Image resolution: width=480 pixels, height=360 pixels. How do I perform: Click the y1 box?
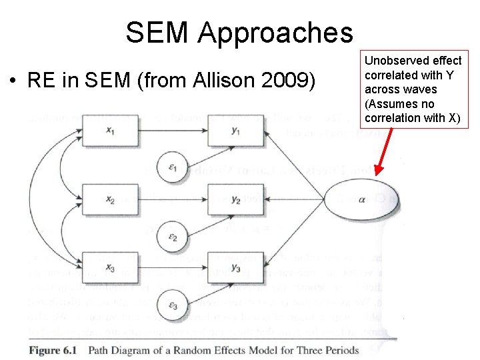pyautogui.click(x=235, y=131)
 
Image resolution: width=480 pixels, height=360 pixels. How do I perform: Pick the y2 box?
pyautogui.click(x=235, y=199)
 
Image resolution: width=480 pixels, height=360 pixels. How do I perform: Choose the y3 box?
pyautogui.click(x=235, y=268)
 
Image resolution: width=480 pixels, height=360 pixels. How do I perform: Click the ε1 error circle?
pyautogui.click(x=172, y=166)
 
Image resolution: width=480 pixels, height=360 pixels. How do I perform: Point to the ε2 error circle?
pyautogui.click(x=172, y=235)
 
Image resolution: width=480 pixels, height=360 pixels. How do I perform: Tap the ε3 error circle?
pyautogui.click(x=172, y=305)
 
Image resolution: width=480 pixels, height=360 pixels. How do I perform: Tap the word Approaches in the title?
pyautogui.click(x=275, y=33)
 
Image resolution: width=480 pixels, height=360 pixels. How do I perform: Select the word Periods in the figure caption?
pyautogui.click(x=337, y=350)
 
